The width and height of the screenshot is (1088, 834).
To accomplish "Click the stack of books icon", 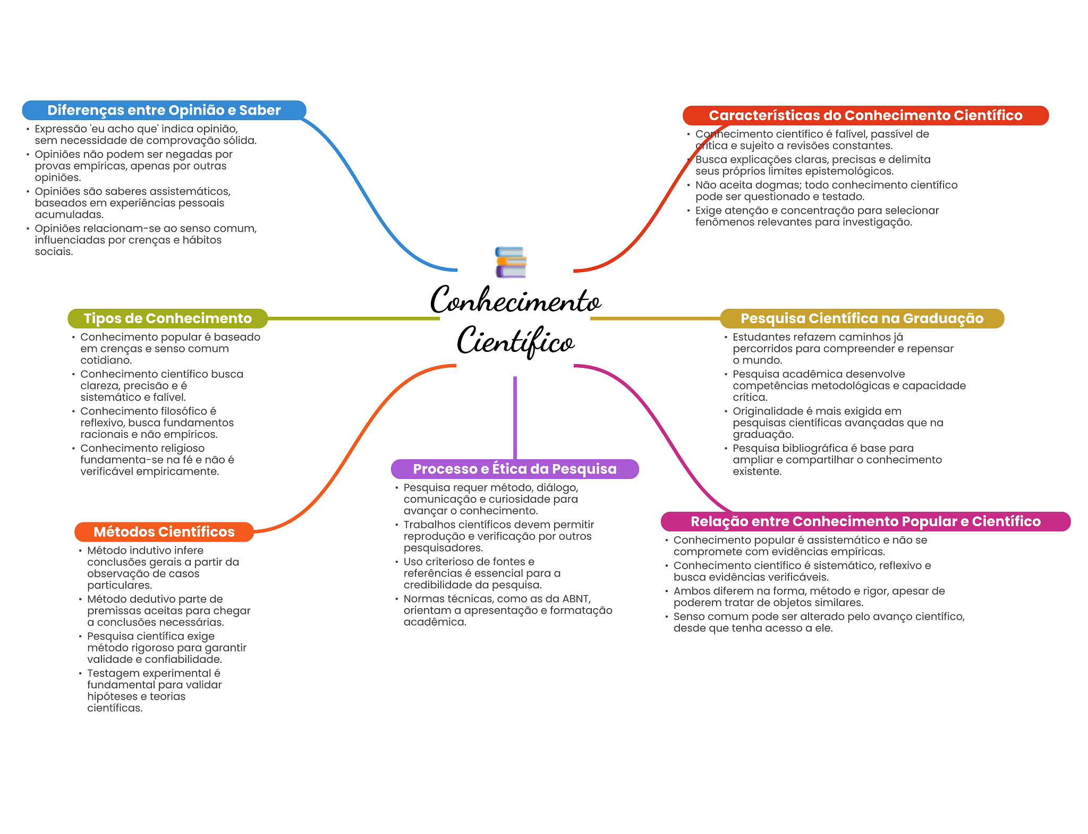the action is (x=511, y=262).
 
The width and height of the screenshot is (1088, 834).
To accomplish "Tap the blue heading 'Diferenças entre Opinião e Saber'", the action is (x=164, y=110).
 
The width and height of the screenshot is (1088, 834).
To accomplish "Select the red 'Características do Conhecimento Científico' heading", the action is (x=865, y=115).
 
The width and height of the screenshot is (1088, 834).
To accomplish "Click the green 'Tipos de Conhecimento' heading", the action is (x=167, y=318).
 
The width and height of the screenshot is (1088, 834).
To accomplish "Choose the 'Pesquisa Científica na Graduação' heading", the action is (x=862, y=318).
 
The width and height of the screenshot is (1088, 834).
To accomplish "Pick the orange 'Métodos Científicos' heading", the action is (x=164, y=532).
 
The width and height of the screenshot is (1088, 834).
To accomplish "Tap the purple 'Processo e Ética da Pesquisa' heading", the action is (x=514, y=469).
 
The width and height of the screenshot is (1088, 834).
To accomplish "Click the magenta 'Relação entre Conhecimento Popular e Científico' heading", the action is (x=865, y=521).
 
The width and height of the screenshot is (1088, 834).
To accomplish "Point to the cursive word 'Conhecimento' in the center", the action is (x=515, y=301).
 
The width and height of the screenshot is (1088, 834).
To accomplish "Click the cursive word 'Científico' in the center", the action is (x=515, y=341).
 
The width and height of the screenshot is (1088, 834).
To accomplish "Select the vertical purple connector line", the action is (x=515, y=417).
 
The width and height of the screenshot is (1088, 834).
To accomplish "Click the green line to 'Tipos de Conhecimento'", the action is (x=353, y=318).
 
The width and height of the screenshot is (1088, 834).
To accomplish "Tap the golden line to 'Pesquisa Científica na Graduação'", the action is (x=654, y=318).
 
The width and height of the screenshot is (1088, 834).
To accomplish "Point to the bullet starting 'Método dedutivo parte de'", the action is (x=168, y=611).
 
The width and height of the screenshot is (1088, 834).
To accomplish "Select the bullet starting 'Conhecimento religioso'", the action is (x=157, y=460).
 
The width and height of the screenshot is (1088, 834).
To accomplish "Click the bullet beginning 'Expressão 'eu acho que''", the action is (x=145, y=134).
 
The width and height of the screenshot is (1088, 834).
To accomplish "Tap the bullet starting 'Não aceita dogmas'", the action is (x=826, y=191).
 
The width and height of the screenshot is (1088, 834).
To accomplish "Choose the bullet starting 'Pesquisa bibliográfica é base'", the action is (x=837, y=460).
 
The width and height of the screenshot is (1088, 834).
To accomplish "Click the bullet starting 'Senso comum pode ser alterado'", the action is (x=819, y=622).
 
